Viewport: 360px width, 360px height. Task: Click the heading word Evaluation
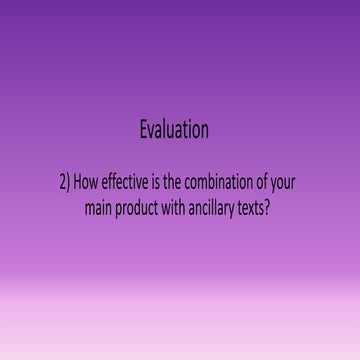(175, 130)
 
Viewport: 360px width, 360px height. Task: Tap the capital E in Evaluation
(145, 130)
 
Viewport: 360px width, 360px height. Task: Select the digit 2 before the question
(63, 184)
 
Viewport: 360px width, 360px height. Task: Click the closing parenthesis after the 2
(69, 184)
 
